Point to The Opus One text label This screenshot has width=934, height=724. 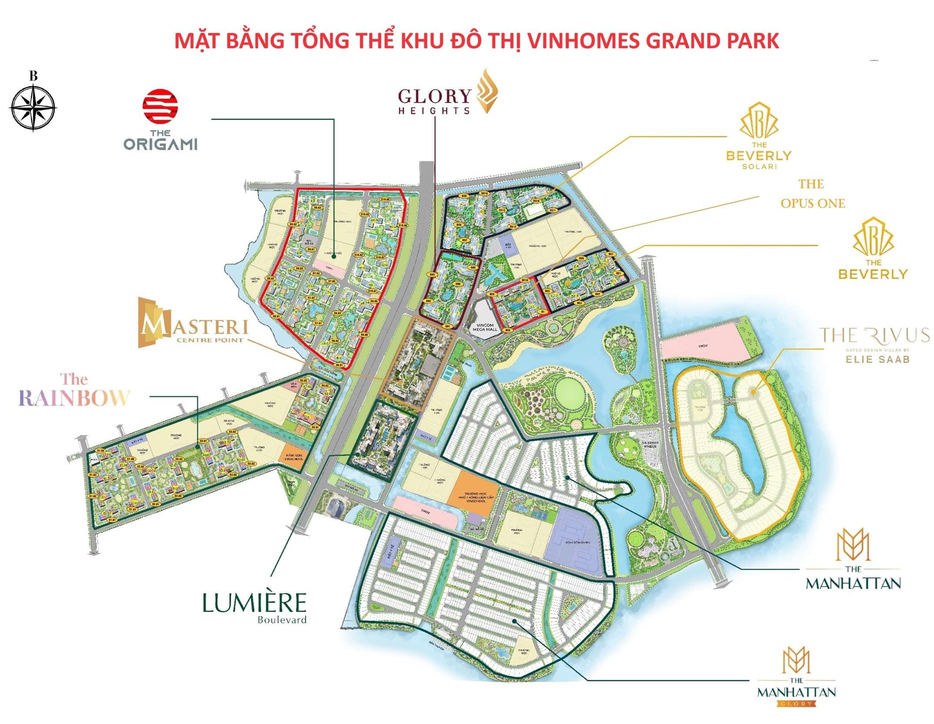(812, 194)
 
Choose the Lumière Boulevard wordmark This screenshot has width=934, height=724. (254, 608)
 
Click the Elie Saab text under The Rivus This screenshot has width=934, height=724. (877, 359)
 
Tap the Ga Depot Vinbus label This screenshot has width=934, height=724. (650, 445)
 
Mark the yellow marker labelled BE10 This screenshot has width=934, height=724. (525, 280)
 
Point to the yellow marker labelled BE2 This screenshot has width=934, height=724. (598, 294)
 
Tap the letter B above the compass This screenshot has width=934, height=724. (33, 76)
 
